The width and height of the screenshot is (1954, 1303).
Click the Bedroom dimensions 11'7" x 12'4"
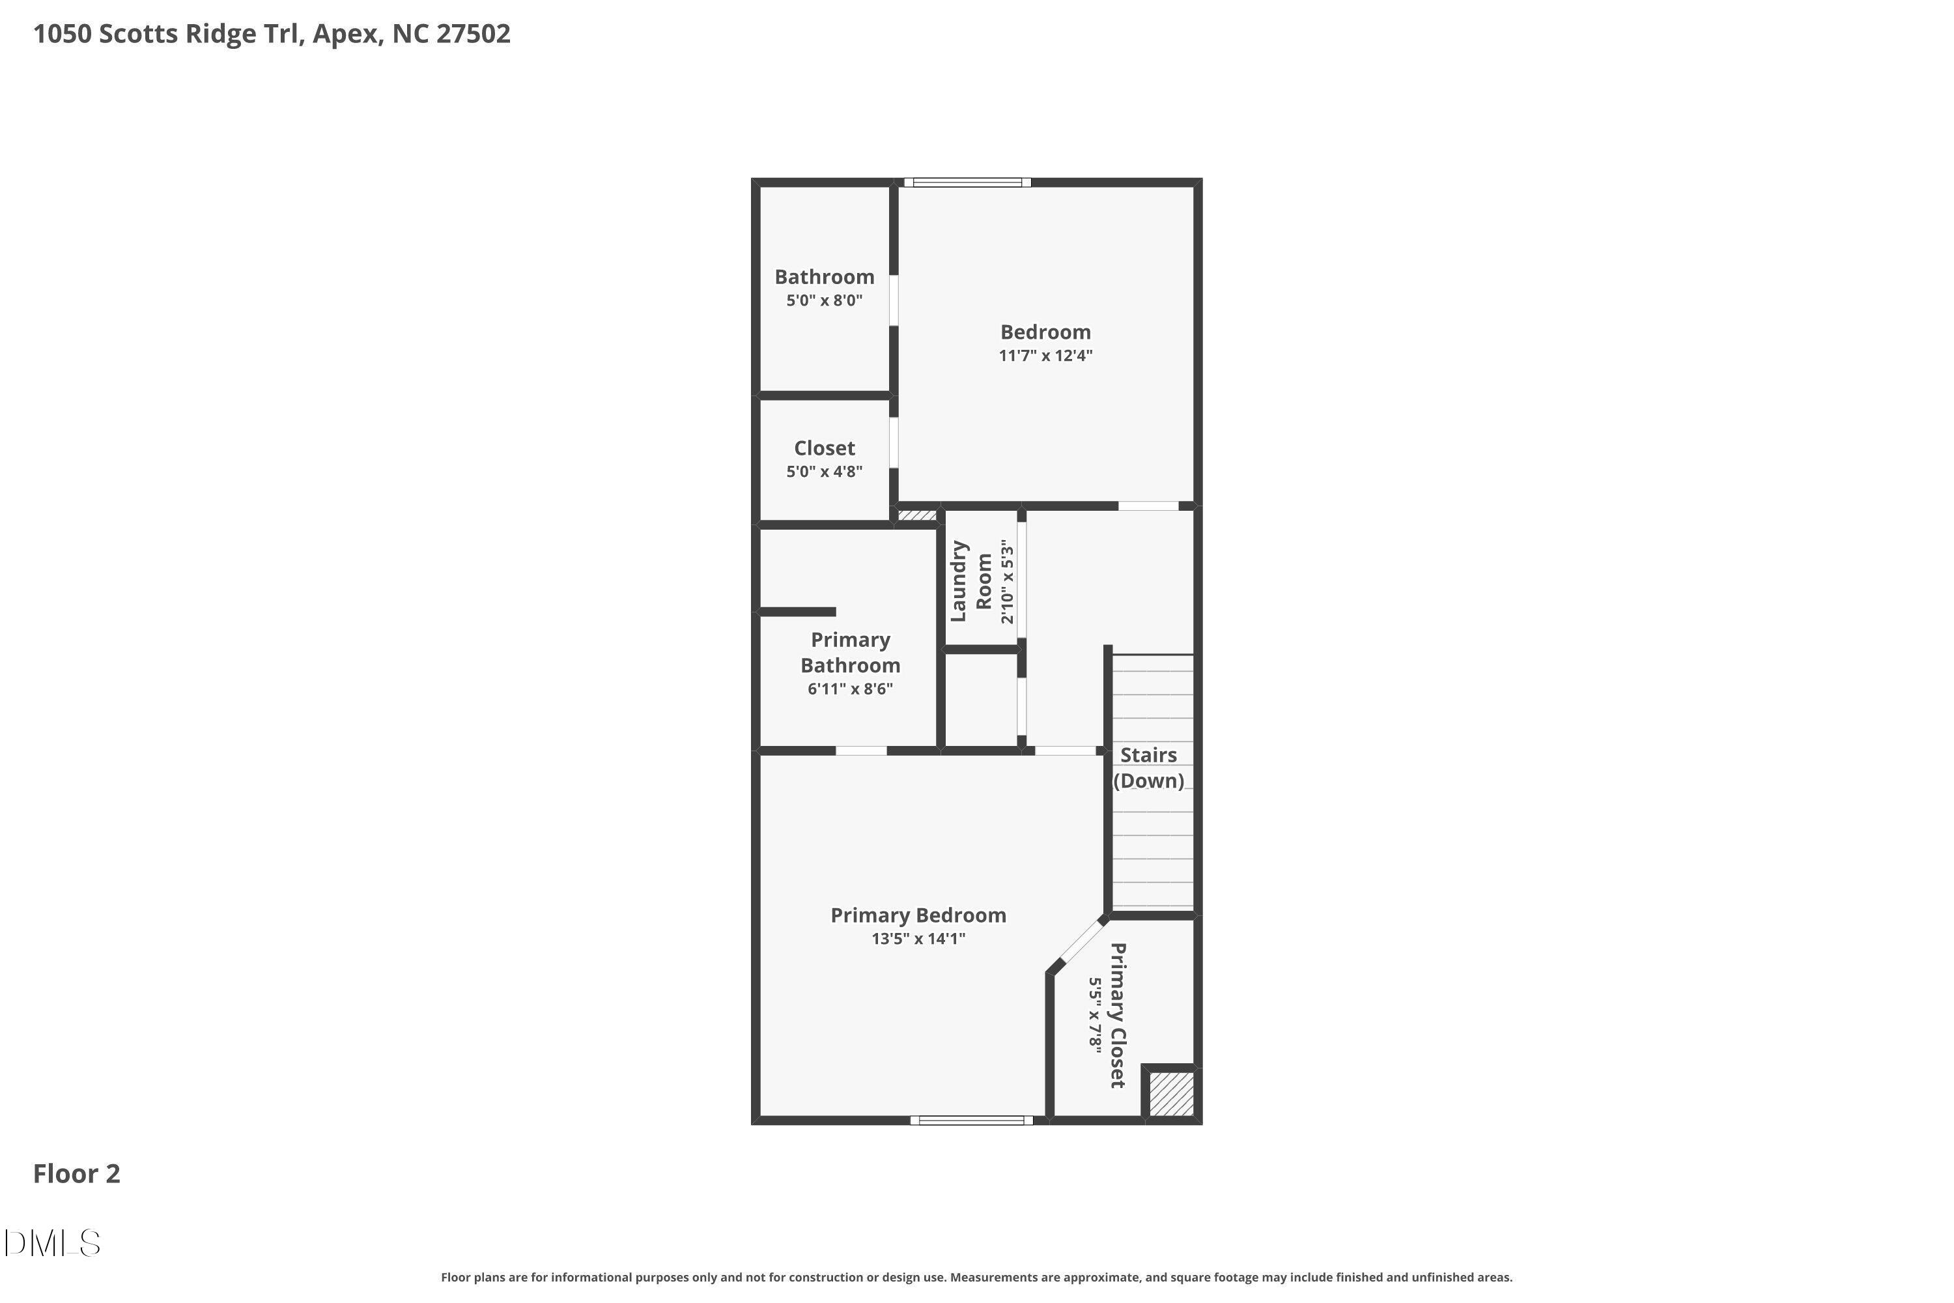(1045, 356)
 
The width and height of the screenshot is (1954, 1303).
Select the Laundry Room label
(971, 581)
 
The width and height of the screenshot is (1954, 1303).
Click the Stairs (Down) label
(1148, 767)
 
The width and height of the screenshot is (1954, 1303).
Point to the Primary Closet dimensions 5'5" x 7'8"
(1095, 1016)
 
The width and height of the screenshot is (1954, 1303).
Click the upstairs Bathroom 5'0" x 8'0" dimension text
(824, 300)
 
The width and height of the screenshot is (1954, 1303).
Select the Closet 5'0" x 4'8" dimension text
(824, 471)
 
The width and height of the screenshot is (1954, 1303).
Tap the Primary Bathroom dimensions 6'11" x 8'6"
(850, 688)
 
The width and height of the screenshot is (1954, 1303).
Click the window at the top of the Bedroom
(967, 182)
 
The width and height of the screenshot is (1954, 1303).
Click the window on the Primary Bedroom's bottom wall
(971, 1120)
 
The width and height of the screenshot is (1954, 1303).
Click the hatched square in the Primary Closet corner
(1171, 1094)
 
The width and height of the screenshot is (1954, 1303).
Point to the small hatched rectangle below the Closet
(917, 515)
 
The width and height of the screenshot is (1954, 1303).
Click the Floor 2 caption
(76, 1173)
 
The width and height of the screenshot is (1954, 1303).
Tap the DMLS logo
(51, 1243)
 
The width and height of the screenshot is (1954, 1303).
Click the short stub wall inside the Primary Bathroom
(797, 612)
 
